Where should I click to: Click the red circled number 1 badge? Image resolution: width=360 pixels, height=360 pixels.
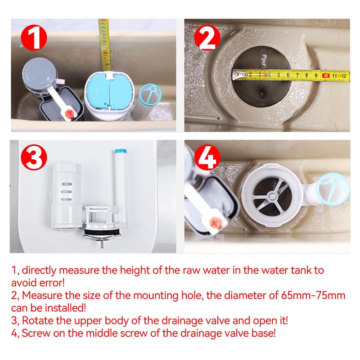(x=34, y=39)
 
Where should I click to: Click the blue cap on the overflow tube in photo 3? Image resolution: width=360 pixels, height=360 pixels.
(x=119, y=152)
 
